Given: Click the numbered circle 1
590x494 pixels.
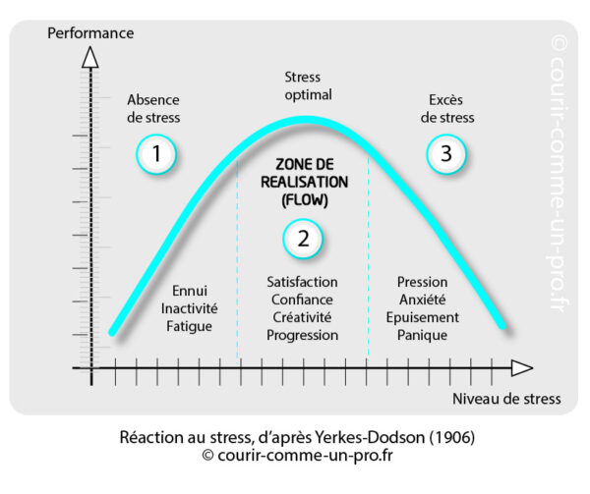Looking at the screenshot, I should click(x=156, y=153).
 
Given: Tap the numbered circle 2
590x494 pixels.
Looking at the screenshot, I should click(x=304, y=238).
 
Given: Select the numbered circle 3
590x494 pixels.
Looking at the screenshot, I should click(x=446, y=153).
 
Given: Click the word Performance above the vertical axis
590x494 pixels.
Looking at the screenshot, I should click(x=90, y=33).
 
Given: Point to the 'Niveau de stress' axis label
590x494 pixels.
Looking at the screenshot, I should click(x=507, y=399).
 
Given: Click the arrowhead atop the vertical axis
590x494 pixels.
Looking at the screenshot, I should click(x=90, y=56).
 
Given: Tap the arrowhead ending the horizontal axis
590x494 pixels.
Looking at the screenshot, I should click(x=520, y=369).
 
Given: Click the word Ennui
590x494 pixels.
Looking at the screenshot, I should click(x=188, y=292).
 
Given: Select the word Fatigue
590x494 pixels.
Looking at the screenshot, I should click(x=188, y=325).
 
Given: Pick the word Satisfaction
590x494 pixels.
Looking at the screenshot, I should click(x=303, y=283).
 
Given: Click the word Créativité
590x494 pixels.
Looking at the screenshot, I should click(x=303, y=317).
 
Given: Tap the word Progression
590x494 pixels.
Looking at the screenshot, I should click(x=303, y=335).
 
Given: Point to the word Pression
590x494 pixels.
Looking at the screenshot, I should click(x=422, y=283).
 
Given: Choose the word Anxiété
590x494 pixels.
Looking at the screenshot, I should click(x=422, y=300).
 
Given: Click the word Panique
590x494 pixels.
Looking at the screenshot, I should click(x=422, y=335).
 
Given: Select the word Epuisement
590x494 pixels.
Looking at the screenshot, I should click(x=422, y=317).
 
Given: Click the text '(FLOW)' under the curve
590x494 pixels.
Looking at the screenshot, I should click(x=303, y=199).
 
